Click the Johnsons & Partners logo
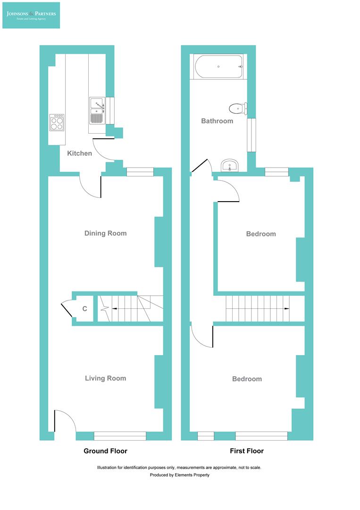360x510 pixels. (31, 15)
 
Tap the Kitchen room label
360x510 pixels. (79, 153)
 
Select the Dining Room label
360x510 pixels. (105, 233)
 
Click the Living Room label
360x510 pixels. (105, 378)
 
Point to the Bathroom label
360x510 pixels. (217, 121)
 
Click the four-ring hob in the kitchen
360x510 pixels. (58, 123)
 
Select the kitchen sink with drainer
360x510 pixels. (96, 110)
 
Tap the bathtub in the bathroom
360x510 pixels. (218, 67)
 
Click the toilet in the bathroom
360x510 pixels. (238, 108)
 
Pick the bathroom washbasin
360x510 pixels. (231, 166)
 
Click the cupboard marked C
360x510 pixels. (85, 309)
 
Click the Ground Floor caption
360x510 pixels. (105, 451)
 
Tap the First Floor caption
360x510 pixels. (247, 451)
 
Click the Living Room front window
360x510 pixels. (120, 436)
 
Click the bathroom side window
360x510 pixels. (252, 135)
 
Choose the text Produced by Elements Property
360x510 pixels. (179, 475)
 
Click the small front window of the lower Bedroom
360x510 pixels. (205, 436)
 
